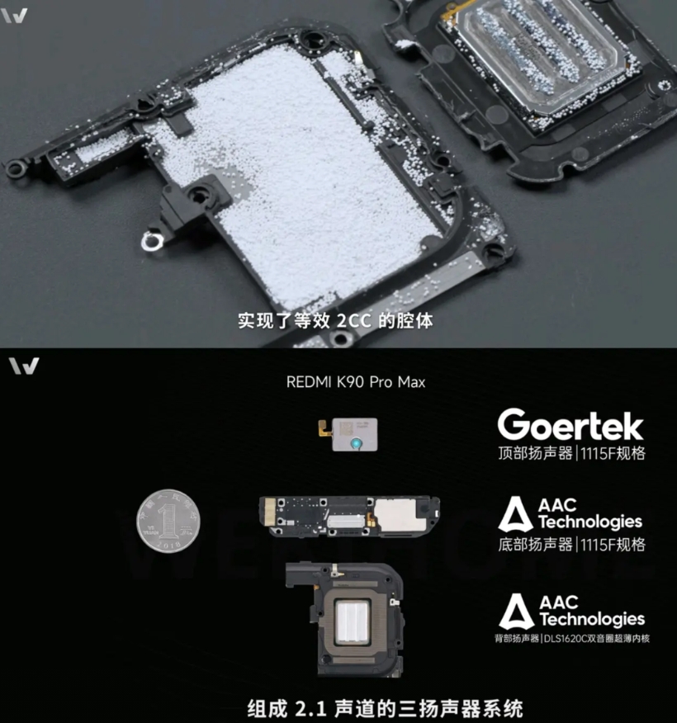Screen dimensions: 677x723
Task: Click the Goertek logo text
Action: point(570,425)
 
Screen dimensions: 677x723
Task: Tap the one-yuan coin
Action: point(168,521)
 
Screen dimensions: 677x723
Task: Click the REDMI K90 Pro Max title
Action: point(356,382)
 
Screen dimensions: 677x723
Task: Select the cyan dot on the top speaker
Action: point(356,443)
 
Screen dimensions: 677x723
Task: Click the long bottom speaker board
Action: point(349,517)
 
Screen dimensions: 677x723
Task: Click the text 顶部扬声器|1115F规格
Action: point(571,453)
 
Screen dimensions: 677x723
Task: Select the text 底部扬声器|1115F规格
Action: point(571,545)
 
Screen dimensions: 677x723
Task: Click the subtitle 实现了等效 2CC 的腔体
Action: point(336,321)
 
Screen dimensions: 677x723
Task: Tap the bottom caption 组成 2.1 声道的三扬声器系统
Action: point(385,709)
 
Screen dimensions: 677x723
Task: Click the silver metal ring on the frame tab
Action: point(152,242)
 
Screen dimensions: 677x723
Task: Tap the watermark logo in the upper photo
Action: point(14,16)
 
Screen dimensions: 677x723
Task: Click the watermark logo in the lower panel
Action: point(23,366)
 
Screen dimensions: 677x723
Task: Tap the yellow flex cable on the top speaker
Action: point(325,430)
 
